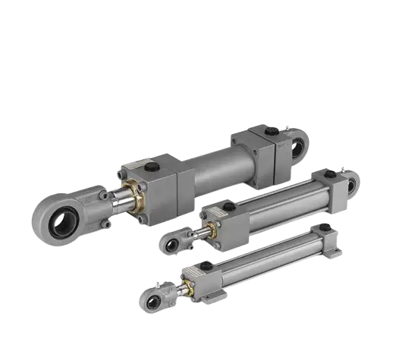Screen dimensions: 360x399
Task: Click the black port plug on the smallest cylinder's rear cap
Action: [x=325, y=227]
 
